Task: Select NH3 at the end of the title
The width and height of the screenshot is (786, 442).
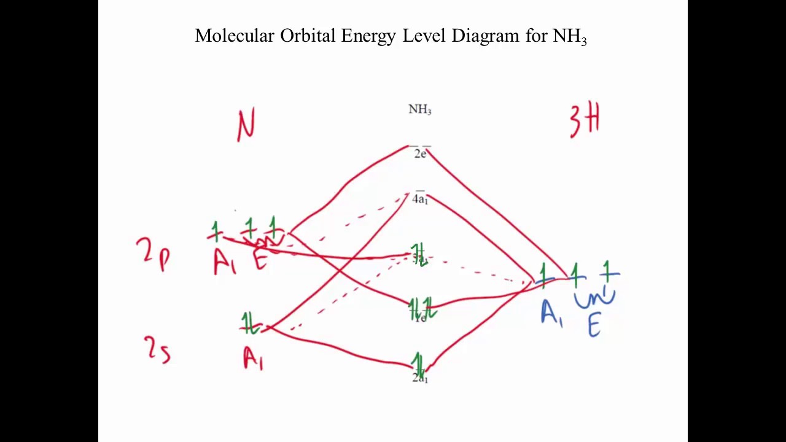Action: click(x=570, y=36)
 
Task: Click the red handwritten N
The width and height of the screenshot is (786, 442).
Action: click(x=246, y=125)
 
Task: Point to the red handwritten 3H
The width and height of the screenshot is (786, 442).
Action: click(x=584, y=120)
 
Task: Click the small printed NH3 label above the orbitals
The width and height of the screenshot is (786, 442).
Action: click(x=420, y=110)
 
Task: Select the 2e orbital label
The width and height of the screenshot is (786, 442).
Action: click(x=420, y=153)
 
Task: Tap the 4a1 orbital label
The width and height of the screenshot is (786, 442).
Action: click(x=420, y=199)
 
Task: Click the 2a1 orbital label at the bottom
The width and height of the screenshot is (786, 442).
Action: click(x=420, y=378)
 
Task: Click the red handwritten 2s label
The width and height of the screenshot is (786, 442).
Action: click(x=157, y=350)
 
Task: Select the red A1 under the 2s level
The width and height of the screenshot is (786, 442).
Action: click(x=252, y=358)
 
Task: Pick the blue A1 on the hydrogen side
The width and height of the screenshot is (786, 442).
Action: click(x=551, y=313)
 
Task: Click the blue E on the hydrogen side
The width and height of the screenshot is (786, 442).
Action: click(x=594, y=325)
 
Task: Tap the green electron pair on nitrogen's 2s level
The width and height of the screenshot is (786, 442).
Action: click(x=249, y=324)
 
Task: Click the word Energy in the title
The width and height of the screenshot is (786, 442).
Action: click(x=369, y=36)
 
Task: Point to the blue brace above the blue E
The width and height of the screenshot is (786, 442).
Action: click(x=594, y=299)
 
